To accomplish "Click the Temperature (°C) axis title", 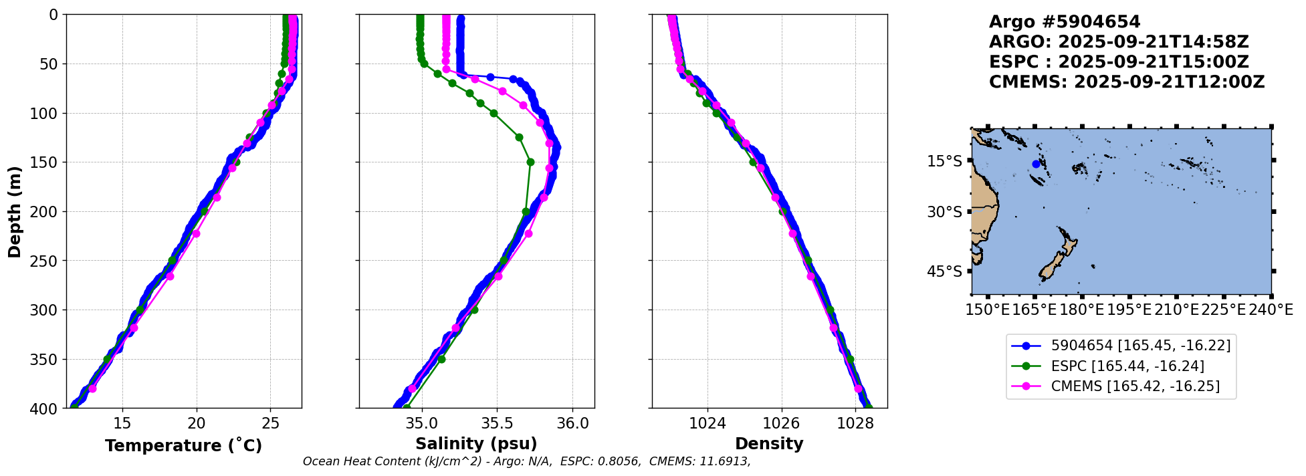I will [183, 445].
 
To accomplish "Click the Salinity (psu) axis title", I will [476, 444].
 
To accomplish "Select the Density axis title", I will [769, 444].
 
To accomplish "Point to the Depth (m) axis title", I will [15, 211].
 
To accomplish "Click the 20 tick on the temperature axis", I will [196, 423].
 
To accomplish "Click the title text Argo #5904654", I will [1065, 23].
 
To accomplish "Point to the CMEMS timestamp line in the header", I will [1127, 82].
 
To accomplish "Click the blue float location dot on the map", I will [1036, 164].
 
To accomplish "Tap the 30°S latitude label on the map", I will [944, 212].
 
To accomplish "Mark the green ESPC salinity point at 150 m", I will [530, 162].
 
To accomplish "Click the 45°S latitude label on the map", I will [944, 271].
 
